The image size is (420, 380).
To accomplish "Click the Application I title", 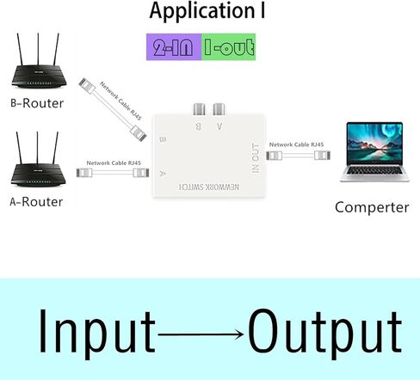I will (x=207, y=11).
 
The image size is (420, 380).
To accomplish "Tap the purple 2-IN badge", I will (x=174, y=46).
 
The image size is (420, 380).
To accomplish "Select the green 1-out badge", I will (x=230, y=46).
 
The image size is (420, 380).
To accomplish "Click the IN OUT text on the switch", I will (x=255, y=157).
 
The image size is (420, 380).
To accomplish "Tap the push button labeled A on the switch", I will (x=219, y=109).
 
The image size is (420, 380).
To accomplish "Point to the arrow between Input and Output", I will (x=202, y=334).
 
